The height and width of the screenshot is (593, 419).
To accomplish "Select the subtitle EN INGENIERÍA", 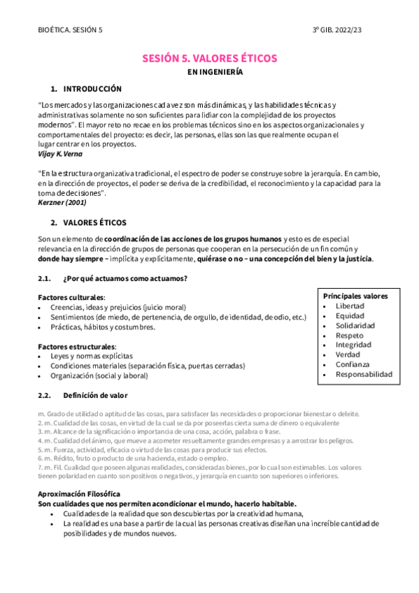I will pyautogui.click(x=209, y=72).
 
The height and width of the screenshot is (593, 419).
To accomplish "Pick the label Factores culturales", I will pyautogui.click(x=71, y=297).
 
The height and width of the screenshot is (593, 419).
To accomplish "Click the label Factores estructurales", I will pyautogui.click(x=77, y=346).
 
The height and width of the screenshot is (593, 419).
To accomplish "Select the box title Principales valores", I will pyautogui.click(x=355, y=296).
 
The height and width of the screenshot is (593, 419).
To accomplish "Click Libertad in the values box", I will pyautogui.click(x=349, y=306).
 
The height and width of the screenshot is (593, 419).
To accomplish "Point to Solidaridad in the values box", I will pyautogui.click(x=355, y=326).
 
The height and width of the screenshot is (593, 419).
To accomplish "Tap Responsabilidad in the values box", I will pyautogui.click(x=364, y=374).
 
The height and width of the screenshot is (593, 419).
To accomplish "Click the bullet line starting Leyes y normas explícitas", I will pyautogui.click(x=91, y=356).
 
